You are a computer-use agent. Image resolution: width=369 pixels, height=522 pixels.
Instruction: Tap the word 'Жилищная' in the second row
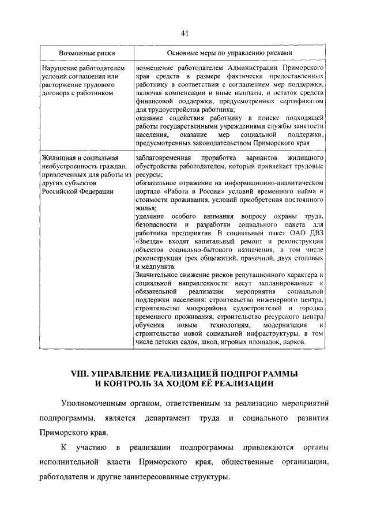point(58,158)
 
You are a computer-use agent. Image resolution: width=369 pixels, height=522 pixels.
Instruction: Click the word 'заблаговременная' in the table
point(164,158)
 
